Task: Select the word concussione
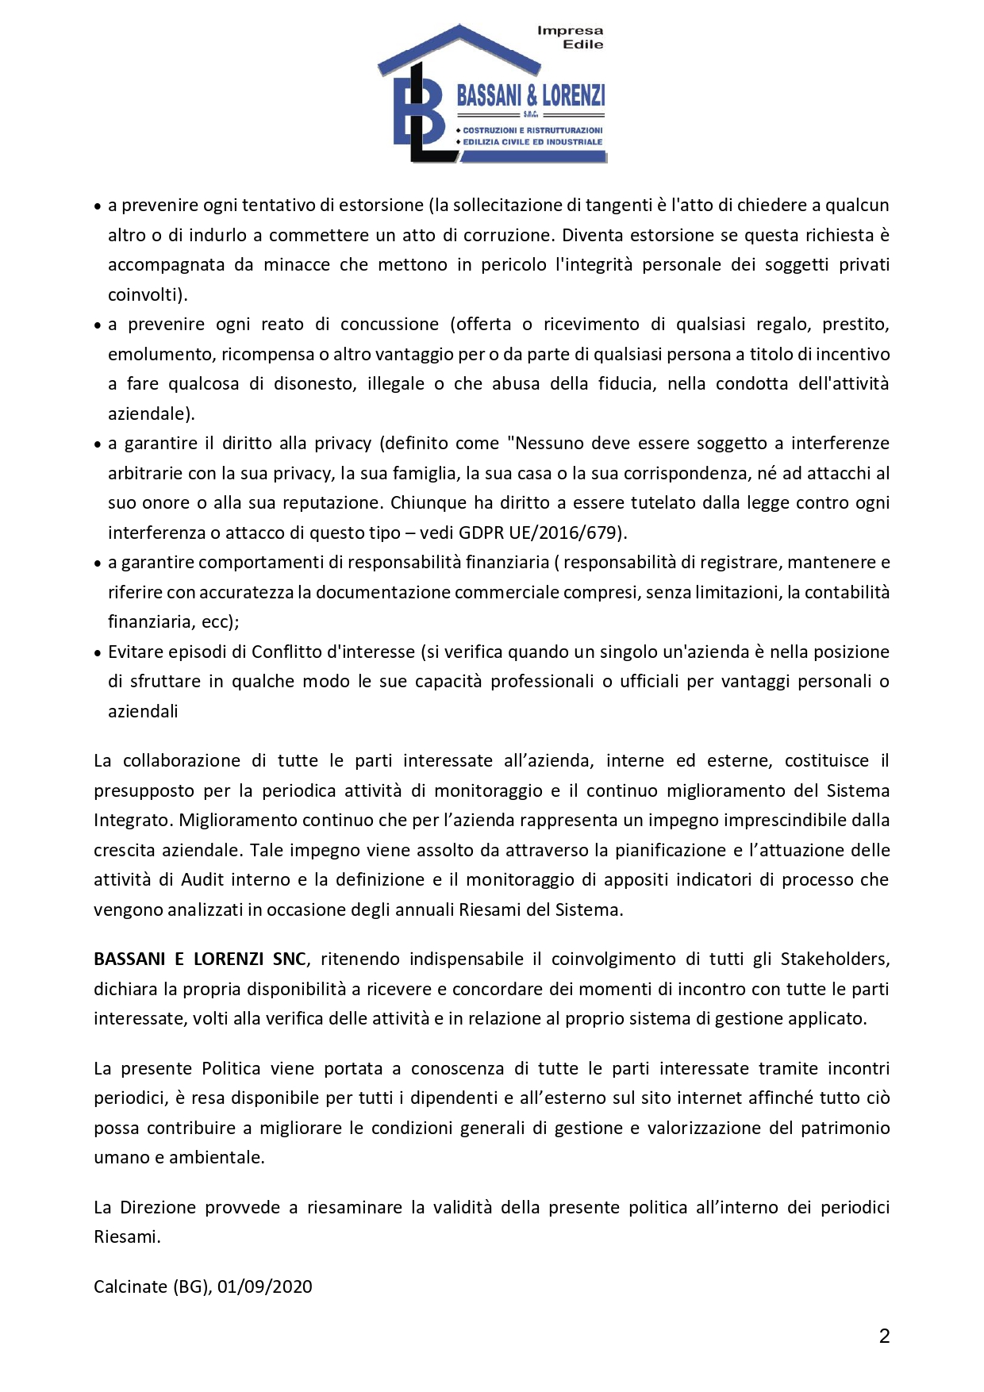pyautogui.click(x=389, y=325)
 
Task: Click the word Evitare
pyautogui.click(x=138, y=652)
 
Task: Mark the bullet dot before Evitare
pyautogui.click(x=98, y=653)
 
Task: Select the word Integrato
pyautogui.click(x=130, y=821)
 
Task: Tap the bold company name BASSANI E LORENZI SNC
pyautogui.click(x=199, y=959)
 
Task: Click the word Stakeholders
pyautogui.click(x=835, y=959)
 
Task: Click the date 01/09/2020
pyautogui.click(x=265, y=1287)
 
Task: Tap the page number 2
pyautogui.click(x=885, y=1336)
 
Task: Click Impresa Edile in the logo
pyautogui.click(x=571, y=37)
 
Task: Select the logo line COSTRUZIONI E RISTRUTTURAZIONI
pyautogui.click(x=532, y=130)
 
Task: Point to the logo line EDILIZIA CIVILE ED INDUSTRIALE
pyautogui.click(x=532, y=142)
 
